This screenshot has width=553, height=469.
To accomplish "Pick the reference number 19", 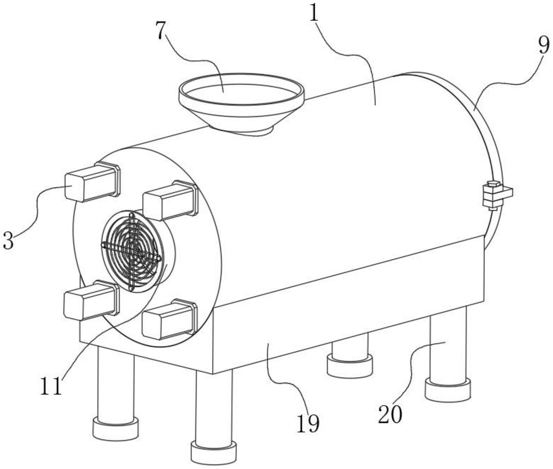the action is pos(308,424).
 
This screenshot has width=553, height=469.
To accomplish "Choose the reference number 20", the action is pos(390,415).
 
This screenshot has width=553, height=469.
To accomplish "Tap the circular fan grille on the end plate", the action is pos(132,251).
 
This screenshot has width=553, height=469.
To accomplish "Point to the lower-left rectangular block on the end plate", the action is pos(91,300).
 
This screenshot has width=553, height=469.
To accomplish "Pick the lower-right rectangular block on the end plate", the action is pos(170,319).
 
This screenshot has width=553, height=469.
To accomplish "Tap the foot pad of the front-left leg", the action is pos(115,429).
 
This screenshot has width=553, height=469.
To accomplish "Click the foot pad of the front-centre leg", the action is pos(214,453).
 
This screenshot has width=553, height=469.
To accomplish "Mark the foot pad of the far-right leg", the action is pos(448,390).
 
